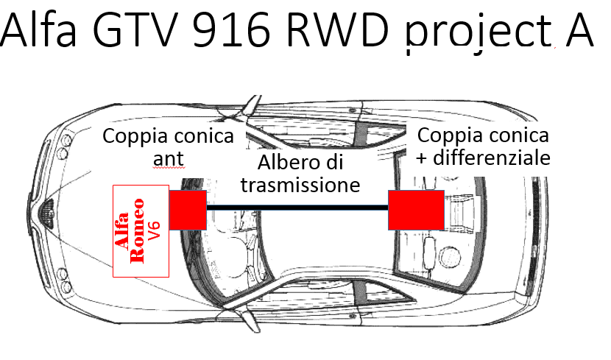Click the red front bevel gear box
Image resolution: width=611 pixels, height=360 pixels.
(188, 210)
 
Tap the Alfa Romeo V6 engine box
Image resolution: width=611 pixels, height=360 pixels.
(141, 231)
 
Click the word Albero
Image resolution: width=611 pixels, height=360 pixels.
(280, 163)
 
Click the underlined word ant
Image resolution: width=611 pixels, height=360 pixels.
(169, 159)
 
